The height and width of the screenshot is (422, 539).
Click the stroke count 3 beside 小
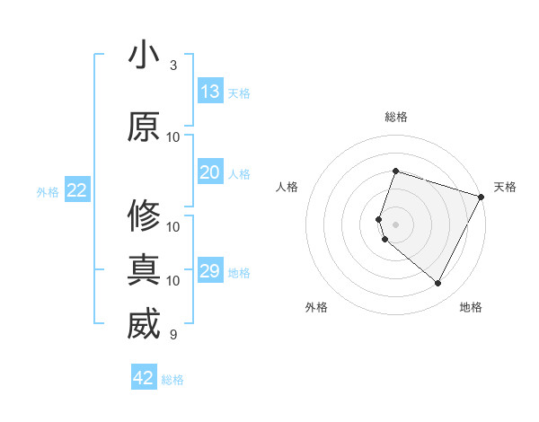click(x=173, y=66)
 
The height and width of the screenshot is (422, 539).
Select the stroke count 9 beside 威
click(x=173, y=335)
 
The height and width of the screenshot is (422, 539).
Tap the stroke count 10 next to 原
click(x=173, y=136)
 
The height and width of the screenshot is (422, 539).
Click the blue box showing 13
click(x=210, y=92)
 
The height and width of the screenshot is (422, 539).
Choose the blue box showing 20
click(x=210, y=172)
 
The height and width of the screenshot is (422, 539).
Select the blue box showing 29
click(x=210, y=271)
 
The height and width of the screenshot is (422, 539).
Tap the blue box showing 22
click(x=77, y=190)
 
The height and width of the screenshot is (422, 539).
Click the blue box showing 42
click(x=144, y=378)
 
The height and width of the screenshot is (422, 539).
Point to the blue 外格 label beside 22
click(x=48, y=191)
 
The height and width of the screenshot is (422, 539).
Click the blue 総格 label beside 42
click(x=172, y=380)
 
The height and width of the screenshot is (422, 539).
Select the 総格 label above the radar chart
click(x=395, y=117)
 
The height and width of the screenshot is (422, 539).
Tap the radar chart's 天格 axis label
click(x=505, y=187)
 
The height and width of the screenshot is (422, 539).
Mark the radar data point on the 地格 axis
click(x=437, y=283)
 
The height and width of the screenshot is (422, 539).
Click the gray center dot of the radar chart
click(x=395, y=224)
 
